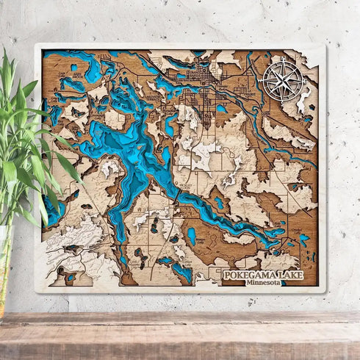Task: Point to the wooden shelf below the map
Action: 180,334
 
